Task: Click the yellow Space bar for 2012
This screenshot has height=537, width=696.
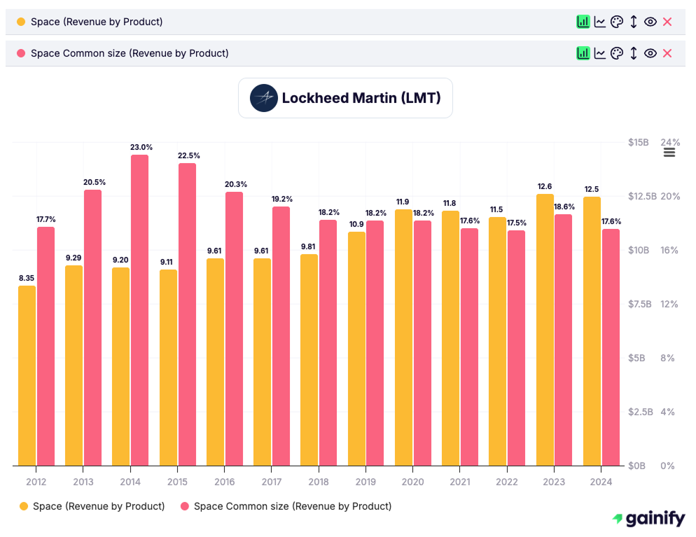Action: pos(27,375)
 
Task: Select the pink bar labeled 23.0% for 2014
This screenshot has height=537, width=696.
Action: pos(139,310)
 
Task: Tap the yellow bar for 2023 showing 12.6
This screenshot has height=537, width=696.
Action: pos(545,330)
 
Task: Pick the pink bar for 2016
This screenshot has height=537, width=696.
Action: pos(234,328)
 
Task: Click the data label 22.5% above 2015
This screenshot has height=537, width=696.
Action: pos(188,155)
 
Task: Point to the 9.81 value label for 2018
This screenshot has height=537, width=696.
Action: pos(309,246)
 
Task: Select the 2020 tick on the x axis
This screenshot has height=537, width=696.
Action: pos(412,482)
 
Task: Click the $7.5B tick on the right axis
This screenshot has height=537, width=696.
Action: pos(639,304)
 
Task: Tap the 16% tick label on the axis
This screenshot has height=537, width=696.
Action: pos(669,250)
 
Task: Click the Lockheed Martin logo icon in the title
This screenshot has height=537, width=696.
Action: pos(264,98)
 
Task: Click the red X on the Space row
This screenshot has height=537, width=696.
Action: pos(667,22)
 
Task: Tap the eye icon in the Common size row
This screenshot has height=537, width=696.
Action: pos(650,53)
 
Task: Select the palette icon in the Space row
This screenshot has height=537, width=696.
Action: pos(616,22)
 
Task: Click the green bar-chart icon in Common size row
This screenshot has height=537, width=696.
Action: pos(583,53)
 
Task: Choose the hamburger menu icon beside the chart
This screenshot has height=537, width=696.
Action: pos(669,152)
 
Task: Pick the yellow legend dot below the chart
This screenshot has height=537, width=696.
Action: pos(24,506)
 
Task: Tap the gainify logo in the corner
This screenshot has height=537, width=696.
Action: pos(648,519)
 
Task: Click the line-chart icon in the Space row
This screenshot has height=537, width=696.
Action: pos(599,22)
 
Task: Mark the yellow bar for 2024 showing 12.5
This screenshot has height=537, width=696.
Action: pos(592,331)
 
